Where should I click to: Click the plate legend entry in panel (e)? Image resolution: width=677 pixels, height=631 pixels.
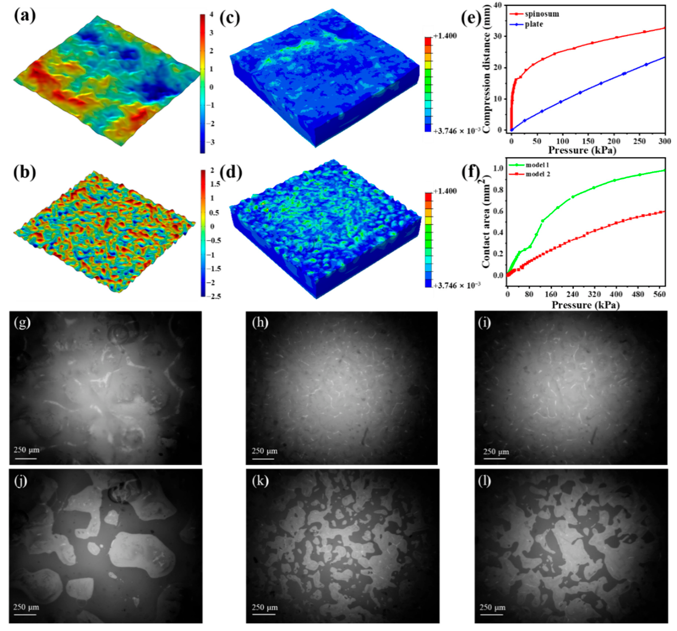534,24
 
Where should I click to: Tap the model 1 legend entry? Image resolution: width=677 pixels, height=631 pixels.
537,165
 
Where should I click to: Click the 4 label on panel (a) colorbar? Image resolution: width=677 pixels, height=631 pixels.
212,15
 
